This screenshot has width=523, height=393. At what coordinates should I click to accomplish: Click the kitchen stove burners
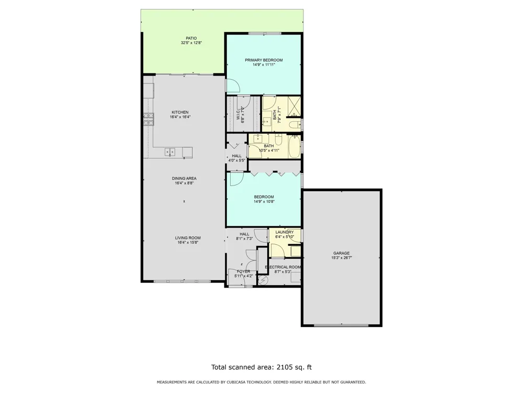pyautogui.click(x=149, y=119)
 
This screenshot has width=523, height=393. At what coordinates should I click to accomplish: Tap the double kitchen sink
pyautogui.click(x=170, y=152)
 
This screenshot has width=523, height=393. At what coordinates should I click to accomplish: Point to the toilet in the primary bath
pyautogui.click(x=294, y=126)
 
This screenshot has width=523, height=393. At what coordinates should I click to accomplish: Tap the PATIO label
pyautogui.click(x=191, y=38)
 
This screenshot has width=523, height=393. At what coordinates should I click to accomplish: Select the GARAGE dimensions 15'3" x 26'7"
pyautogui.click(x=342, y=258)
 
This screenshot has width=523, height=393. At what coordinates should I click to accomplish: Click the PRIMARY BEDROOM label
pyautogui.click(x=264, y=60)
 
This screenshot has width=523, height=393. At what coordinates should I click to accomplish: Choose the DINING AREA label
pyautogui.click(x=184, y=179)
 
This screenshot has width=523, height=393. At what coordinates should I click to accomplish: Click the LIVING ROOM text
pyautogui.click(x=188, y=238)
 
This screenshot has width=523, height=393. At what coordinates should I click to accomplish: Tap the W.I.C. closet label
pyautogui.click(x=238, y=115)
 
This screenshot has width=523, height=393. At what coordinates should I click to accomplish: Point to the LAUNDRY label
pyautogui.click(x=285, y=232)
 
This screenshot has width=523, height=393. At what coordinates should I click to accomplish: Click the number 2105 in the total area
pyautogui.click(x=284, y=367)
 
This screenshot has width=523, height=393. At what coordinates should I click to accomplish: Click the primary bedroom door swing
pyautogui.click(x=233, y=85)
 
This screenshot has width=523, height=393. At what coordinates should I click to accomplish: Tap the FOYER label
pyautogui.click(x=244, y=271)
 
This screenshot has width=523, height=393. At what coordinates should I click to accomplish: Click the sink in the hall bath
pyautogui.click(x=259, y=138)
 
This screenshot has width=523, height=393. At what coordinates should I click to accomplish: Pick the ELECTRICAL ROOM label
pyautogui.click(x=283, y=267)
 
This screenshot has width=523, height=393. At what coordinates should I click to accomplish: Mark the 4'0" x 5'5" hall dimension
pyautogui.click(x=237, y=160)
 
